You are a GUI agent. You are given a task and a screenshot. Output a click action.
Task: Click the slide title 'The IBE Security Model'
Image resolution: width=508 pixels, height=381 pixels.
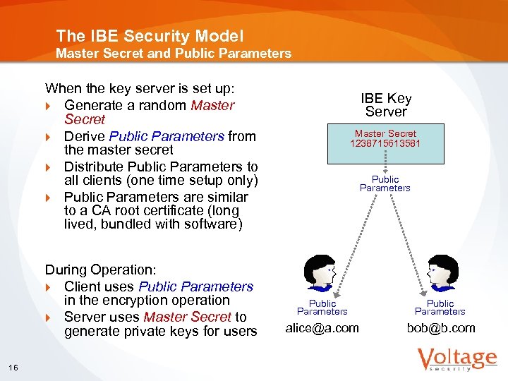tap(150, 35)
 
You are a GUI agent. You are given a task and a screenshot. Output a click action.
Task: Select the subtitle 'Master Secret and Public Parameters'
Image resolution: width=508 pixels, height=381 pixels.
tap(174, 53)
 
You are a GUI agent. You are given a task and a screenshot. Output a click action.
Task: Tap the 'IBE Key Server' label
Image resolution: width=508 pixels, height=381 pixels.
tap(386, 105)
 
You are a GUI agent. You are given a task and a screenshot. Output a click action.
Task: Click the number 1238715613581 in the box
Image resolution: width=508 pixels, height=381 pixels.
tap(385, 143)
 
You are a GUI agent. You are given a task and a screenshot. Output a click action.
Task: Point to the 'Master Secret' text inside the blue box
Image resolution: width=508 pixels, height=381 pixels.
tap(385, 133)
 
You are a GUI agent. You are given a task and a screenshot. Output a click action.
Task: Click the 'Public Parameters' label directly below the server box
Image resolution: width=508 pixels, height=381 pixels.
tap(385, 183)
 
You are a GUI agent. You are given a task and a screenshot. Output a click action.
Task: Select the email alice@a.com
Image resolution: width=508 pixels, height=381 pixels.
tap(322, 328)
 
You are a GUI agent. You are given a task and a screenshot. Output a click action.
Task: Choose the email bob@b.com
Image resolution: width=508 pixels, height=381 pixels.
tap(440, 328)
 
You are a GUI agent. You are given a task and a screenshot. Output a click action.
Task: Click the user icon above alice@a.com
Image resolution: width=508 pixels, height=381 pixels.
tap(322, 274)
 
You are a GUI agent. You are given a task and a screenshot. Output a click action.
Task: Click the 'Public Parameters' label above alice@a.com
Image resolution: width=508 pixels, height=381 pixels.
tap(322, 307)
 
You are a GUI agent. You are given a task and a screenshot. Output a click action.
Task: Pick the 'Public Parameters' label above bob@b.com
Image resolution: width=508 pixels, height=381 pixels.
tap(440, 307)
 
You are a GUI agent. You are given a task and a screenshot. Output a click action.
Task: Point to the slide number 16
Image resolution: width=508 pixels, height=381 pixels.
tap(14, 365)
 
